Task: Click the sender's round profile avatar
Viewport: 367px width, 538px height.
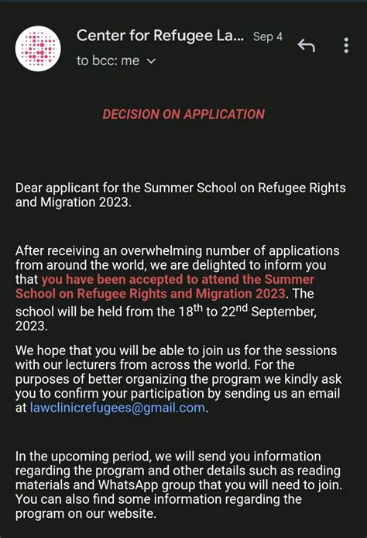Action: point(38,47)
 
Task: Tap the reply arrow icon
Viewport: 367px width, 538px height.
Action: point(307,46)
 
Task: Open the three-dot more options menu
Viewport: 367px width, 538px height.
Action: point(346,46)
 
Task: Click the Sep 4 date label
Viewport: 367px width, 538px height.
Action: point(268,37)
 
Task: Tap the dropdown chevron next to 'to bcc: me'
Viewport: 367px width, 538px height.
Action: point(151,61)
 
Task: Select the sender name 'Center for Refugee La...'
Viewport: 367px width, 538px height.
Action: point(160,36)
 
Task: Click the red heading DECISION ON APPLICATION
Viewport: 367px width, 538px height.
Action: point(183,114)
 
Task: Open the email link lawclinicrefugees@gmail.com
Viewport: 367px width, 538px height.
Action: point(118,408)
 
